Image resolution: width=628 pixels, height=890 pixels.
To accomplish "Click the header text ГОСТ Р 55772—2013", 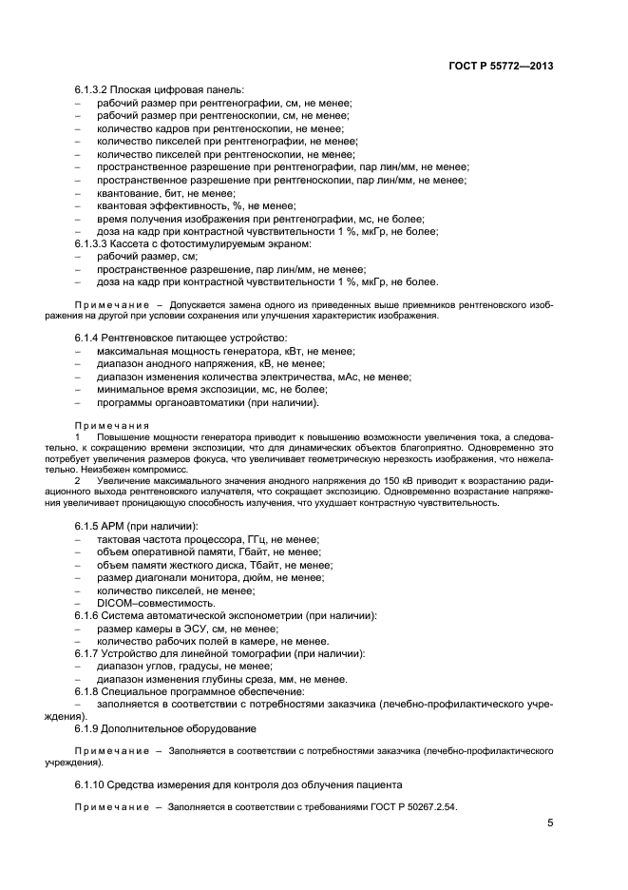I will (501, 66).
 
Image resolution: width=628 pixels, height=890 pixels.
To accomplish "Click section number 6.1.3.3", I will (95, 243).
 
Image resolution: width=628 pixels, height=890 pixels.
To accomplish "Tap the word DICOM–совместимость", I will (155, 604).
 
